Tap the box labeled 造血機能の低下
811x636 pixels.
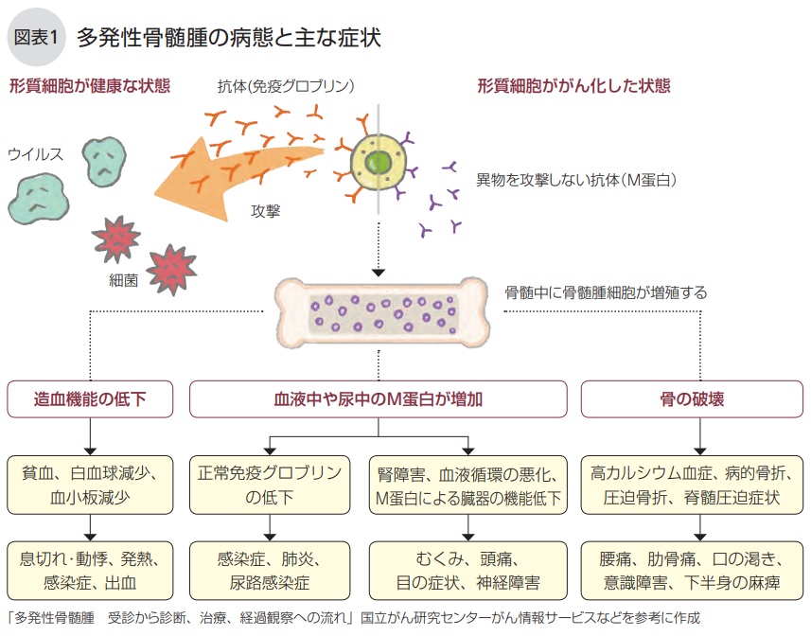point(91,399)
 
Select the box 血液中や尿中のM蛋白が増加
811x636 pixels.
point(378,399)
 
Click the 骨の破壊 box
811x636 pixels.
point(692,399)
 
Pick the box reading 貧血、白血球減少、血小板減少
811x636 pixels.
point(91,485)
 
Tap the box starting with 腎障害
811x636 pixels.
point(468,485)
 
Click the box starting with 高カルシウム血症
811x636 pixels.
point(692,485)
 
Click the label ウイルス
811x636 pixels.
point(35,153)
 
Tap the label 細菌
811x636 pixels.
point(124,280)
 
